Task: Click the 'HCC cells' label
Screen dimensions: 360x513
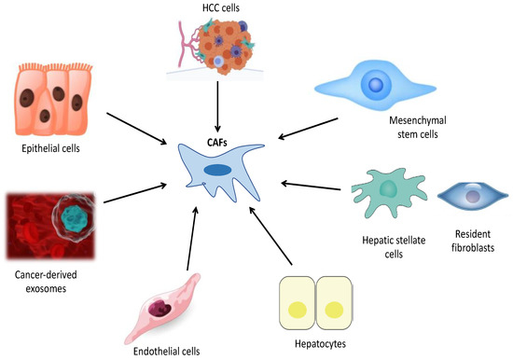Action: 217,8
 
